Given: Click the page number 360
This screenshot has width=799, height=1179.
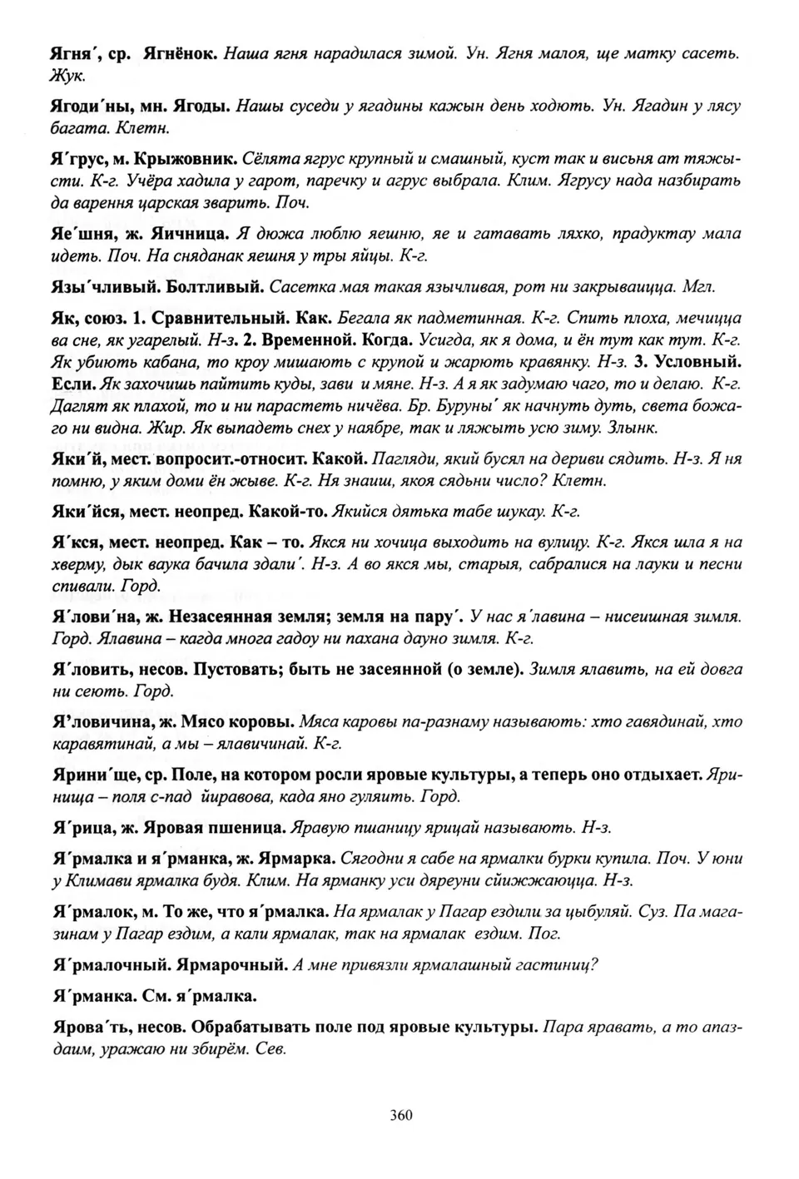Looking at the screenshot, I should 399,1115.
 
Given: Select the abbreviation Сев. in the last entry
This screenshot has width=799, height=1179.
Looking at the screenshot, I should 272,1050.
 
